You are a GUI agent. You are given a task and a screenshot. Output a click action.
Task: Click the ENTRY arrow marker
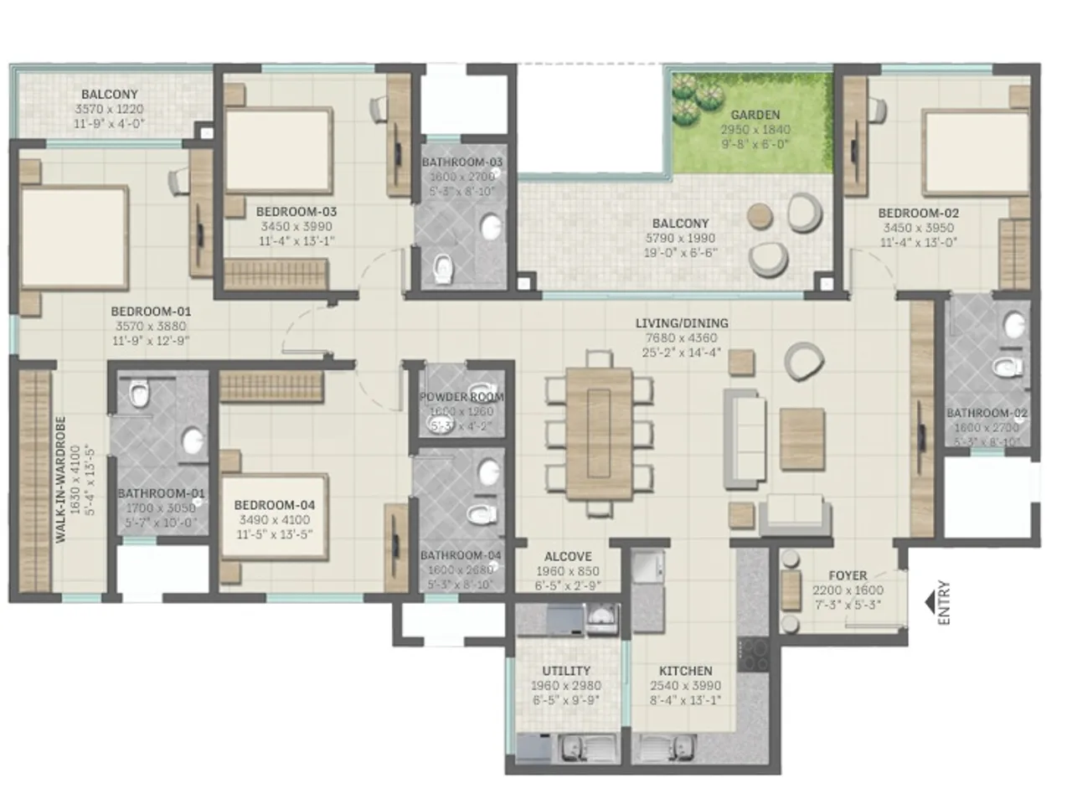coord(930,601)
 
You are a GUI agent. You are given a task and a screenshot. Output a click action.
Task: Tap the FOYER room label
coord(848,575)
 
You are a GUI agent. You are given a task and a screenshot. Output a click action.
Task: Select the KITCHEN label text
coord(685,671)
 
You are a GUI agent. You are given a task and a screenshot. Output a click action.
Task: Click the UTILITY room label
coord(566,671)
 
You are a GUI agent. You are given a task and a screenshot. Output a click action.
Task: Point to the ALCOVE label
coord(568,556)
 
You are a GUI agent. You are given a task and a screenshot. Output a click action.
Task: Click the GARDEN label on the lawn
coord(755,115)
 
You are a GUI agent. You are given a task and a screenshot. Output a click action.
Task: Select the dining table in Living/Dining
coord(599,433)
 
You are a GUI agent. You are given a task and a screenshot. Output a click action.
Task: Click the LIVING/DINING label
coord(681,323)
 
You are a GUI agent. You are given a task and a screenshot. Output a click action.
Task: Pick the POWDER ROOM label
coord(461,397)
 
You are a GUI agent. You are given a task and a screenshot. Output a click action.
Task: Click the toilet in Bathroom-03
coord(443,266)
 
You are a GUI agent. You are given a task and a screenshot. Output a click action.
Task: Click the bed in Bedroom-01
coord(74,237)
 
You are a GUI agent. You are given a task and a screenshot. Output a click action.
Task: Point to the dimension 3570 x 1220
coord(109,110)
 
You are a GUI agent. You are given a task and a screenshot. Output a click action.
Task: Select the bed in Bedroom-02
coord(975,152)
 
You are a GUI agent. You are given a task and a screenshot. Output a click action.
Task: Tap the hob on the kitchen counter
coord(754,653)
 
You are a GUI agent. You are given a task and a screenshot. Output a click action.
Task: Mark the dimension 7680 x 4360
coord(681,338)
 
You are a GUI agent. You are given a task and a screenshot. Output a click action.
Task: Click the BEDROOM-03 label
coord(296,212)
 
